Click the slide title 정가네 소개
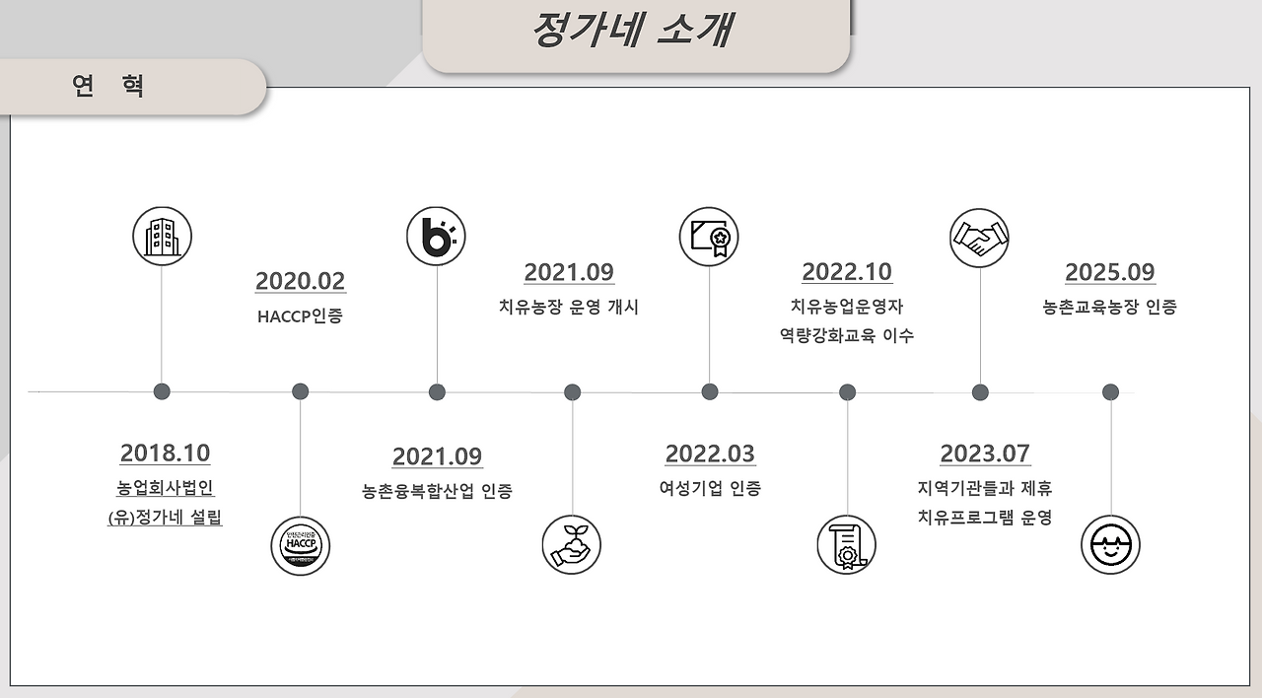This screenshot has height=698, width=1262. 631,30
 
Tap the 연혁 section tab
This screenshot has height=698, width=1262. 109,86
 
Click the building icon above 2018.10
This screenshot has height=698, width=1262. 162,237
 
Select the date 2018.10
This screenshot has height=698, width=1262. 165,453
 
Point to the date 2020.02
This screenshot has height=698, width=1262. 301,281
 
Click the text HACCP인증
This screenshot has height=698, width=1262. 300,316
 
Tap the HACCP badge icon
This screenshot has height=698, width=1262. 301,545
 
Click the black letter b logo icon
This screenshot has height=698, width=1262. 436,237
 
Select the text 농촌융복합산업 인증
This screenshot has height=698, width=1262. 437,491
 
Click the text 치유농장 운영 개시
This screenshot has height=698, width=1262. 569,307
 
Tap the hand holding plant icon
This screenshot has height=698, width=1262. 572,545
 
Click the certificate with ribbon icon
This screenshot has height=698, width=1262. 709,237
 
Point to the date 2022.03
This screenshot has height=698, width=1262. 710,454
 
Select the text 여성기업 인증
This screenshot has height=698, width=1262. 710,488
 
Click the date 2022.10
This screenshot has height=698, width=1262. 847,272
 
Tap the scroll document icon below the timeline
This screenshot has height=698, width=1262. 847,545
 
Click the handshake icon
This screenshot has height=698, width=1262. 979,238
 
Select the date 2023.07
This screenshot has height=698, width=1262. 985,454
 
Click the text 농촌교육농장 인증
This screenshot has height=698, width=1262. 1110,307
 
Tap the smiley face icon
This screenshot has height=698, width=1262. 1110,545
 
